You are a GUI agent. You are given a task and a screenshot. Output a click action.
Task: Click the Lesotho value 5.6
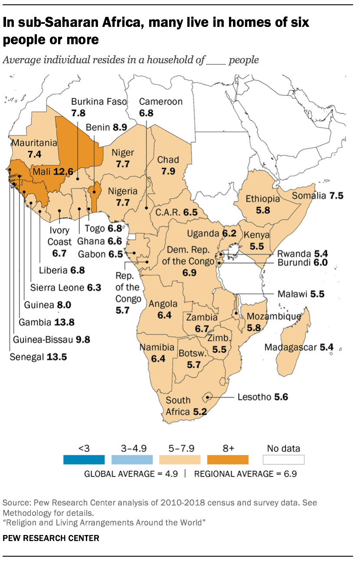(x=281, y=397)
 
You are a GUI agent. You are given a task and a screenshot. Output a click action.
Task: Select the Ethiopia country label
(x=263, y=199)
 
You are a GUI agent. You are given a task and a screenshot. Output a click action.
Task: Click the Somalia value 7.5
(x=336, y=196)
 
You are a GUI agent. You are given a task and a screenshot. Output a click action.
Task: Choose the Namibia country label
(x=157, y=347)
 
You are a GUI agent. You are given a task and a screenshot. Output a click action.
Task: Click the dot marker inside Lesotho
(x=209, y=397)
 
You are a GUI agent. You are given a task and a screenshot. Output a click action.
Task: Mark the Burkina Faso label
(x=99, y=102)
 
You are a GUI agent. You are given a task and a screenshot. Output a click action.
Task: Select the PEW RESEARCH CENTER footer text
(x=51, y=538)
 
